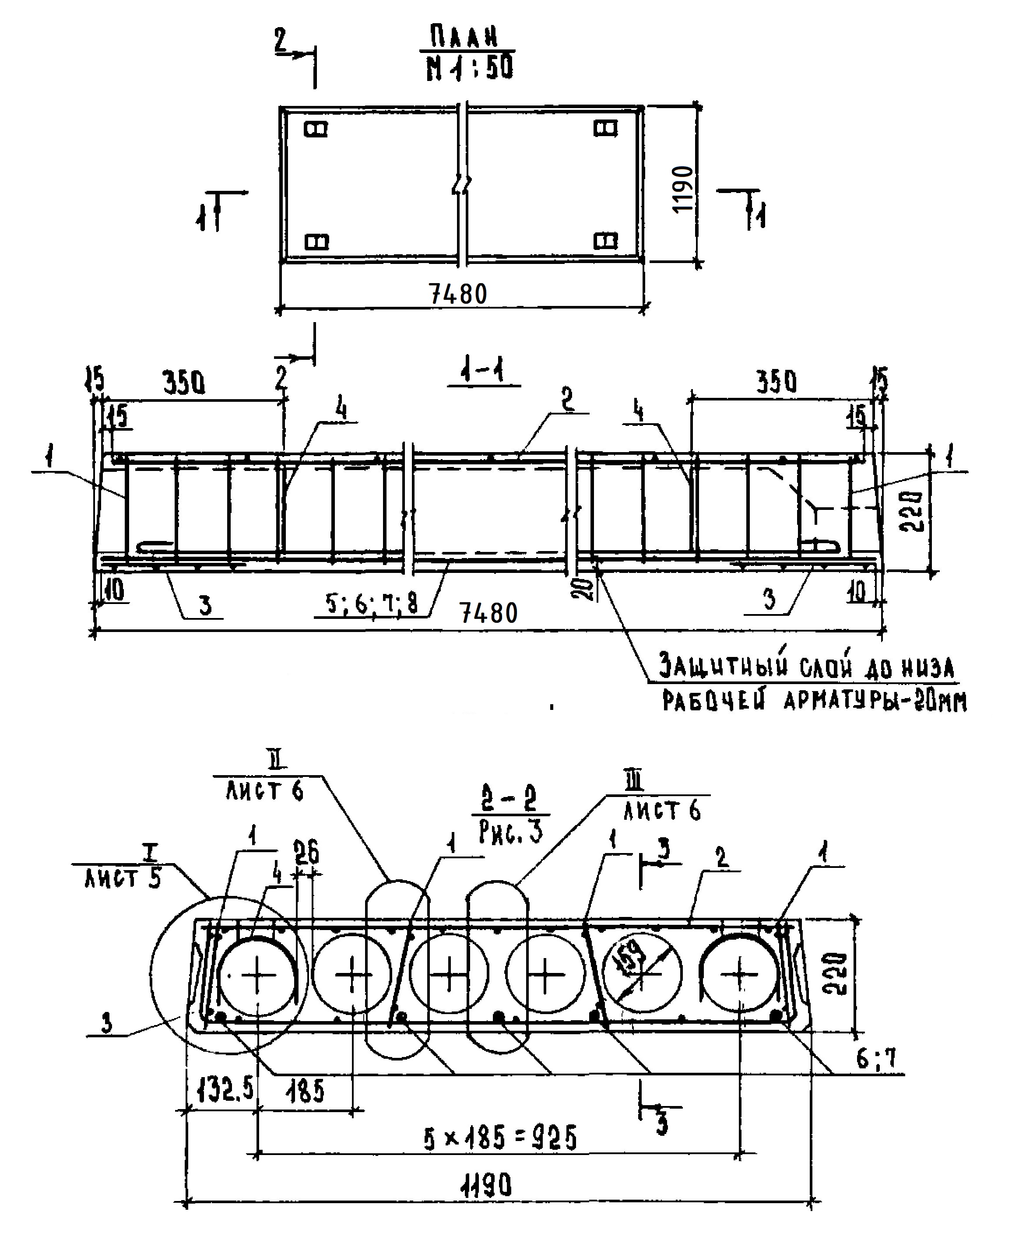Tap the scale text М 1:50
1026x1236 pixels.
click(470, 67)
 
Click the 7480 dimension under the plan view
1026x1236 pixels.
click(459, 294)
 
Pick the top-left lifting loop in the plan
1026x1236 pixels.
click(316, 129)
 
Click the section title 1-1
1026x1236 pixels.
click(483, 372)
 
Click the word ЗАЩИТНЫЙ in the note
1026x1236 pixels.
click(723, 667)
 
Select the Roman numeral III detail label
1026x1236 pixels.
click(636, 782)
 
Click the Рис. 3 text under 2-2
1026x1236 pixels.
click(510, 832)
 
